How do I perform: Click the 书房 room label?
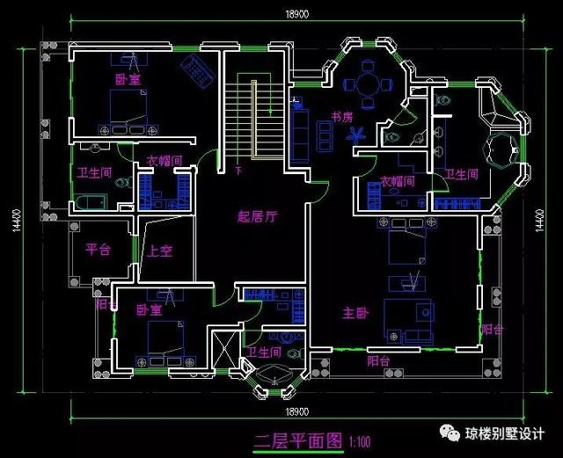342,116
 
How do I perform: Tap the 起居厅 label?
258,216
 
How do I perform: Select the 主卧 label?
355,312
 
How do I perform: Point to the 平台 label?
98,250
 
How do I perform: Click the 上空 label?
160,251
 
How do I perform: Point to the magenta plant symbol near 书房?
358,134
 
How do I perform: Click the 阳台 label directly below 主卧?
379,360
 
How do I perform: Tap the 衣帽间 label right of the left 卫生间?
164,161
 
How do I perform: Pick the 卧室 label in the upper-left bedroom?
128,79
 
